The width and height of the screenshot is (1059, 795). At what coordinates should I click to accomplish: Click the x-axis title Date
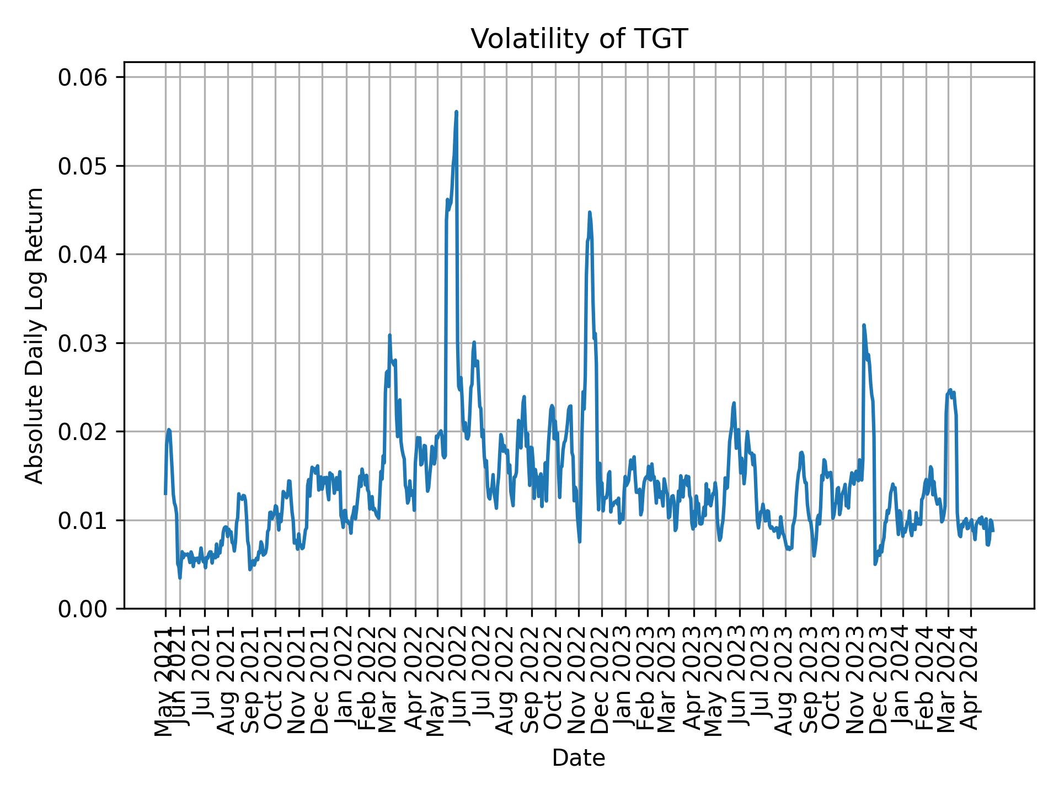tap(579, 758)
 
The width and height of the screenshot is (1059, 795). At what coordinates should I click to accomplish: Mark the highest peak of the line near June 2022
tap(456, 112)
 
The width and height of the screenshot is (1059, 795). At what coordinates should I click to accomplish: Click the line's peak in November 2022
tap(590, 212)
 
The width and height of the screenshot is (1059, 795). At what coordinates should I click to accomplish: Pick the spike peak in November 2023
tap(864, 325)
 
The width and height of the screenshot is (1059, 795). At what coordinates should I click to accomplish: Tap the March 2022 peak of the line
tap(389, 335)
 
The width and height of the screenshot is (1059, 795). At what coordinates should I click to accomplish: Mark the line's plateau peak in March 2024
tap(950, 390)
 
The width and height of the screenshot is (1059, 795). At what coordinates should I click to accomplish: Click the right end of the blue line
tap(993, 531)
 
